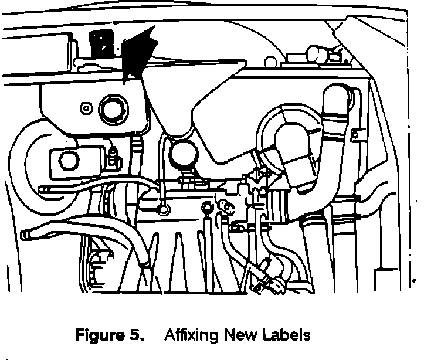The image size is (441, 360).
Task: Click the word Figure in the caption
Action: [x=98, y=336]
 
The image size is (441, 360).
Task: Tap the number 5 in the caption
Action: [x=135, y=336]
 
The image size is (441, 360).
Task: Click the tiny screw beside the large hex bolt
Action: [x=87, y=108]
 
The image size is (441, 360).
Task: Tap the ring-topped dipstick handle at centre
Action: [x=206, y=206]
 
